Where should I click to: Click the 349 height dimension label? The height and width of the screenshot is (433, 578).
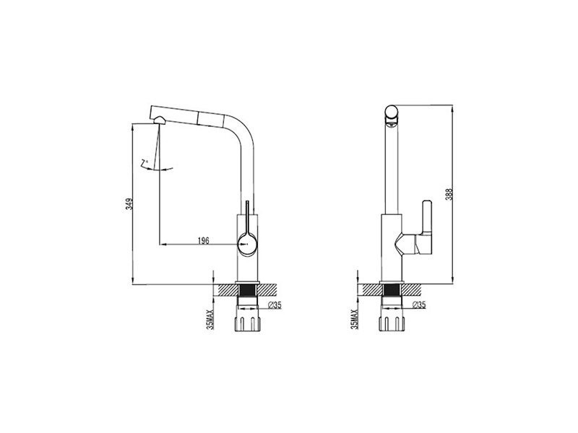(129, 204)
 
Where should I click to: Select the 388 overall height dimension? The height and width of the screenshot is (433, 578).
(449, 194)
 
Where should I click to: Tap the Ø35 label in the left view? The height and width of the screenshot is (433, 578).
(275, 305)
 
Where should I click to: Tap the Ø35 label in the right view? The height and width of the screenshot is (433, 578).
(419, 305)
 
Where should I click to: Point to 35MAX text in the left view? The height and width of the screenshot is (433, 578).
(210, 319)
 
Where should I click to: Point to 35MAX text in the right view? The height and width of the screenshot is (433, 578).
(355, 319)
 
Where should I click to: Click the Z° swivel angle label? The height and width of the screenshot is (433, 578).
(144, 162)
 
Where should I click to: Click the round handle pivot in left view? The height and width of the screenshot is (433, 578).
(247, 244)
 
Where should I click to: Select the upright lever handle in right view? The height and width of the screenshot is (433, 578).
(427, 218)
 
